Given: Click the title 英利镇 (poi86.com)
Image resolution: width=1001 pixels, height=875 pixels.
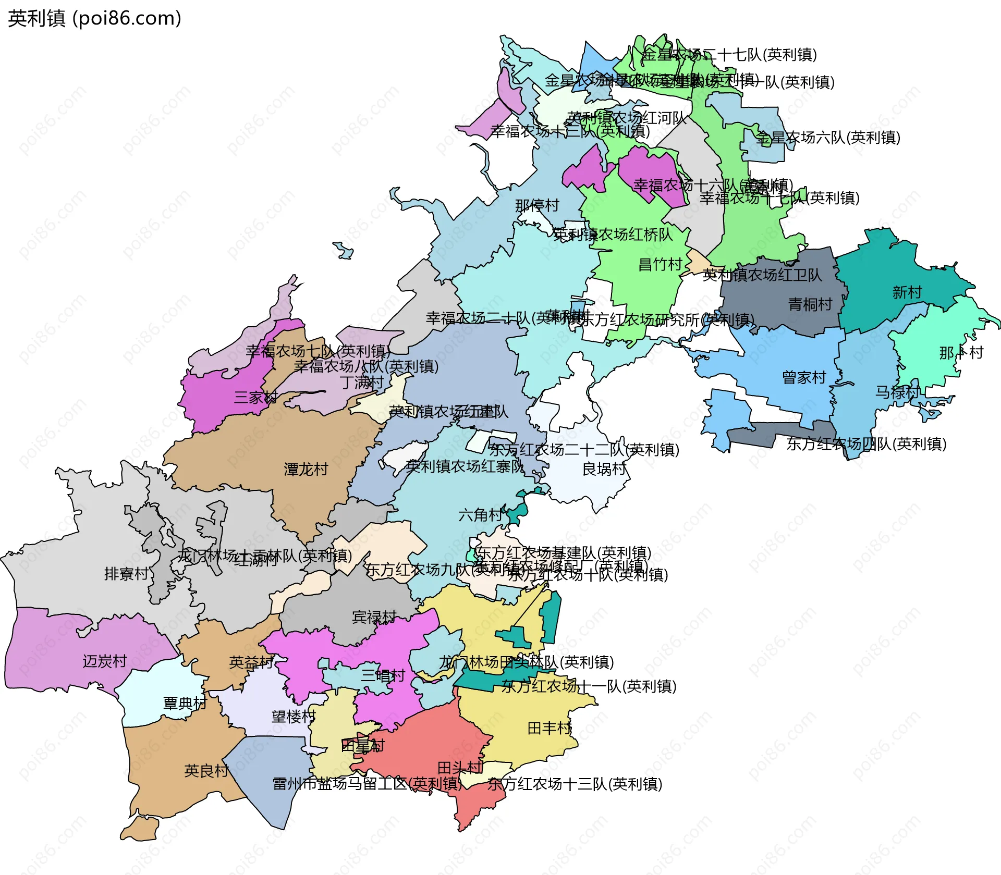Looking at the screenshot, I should pos(94,19).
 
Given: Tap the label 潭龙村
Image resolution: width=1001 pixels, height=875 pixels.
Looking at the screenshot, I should pos(306,470).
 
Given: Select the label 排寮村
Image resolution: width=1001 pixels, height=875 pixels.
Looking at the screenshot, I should pos(126,574).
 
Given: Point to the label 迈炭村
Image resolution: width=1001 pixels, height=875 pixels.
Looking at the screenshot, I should pos(105,661).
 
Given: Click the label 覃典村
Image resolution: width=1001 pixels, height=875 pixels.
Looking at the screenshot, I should pos(185,704).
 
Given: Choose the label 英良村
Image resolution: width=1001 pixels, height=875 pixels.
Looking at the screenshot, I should pos(206,771).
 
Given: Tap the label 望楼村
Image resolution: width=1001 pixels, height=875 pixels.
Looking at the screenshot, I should pos(294,717).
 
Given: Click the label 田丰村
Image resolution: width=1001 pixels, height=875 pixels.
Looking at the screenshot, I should pos(550,728).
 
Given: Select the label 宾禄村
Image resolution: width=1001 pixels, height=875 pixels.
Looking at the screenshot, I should pos(374,617).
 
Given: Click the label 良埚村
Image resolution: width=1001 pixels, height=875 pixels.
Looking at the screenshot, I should pos(604,469).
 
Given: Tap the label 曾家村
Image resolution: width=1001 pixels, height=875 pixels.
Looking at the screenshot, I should pos(804,377).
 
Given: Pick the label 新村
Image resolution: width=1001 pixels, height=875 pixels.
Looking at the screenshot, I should pos(907,292).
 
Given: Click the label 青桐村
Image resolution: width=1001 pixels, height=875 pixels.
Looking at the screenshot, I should pos(810,304).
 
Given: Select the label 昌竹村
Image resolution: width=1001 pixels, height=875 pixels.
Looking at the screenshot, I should pos(661,264).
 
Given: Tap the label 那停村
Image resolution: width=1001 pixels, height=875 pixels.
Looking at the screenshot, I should pos(537,205).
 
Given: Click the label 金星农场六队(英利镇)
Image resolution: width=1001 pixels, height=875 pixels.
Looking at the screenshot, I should pos(828,138).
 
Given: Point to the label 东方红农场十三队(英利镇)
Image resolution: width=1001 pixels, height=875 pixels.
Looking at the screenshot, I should pos(575,784).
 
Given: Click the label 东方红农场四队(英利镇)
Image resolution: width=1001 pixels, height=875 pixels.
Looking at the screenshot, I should pos(866,444).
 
